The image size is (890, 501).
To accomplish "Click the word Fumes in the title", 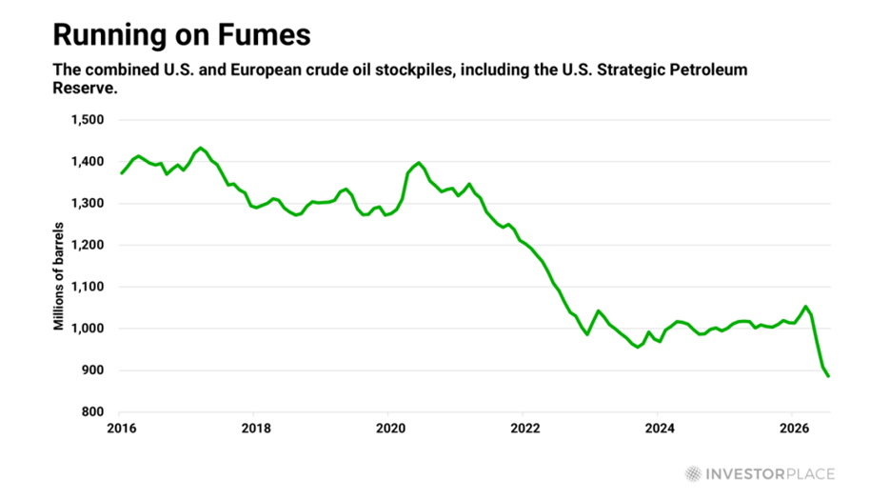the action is tap(265, 34).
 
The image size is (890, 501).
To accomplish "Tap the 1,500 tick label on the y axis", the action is tap(88, 120).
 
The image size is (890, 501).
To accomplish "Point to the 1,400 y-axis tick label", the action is tap(88, 162).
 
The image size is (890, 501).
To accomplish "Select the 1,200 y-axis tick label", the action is tap(88, 246).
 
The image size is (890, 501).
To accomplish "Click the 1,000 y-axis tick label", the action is tap(88, 329).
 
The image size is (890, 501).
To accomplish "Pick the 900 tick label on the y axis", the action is tap(92, 371).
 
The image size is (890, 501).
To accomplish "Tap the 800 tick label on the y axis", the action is tap(92, 411).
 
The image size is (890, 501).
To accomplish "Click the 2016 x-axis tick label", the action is tap(122, 429).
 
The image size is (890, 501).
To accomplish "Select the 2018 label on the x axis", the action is tap(256, 429).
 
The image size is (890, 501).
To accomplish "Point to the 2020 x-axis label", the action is tap(390, 429).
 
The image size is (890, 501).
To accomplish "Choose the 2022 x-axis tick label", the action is tap(525, 429).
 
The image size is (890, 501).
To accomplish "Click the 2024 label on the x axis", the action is tap(660, 429).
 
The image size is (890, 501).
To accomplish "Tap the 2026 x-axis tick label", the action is tap(794, 429).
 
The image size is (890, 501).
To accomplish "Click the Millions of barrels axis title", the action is tap(58, 276).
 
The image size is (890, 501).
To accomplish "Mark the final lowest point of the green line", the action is tap(828, 376).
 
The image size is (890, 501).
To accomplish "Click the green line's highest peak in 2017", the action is tap(200, 149).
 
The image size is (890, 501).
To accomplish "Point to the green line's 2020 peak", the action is tap(419, 163).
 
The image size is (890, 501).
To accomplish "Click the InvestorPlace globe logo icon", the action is tap(693, 473).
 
